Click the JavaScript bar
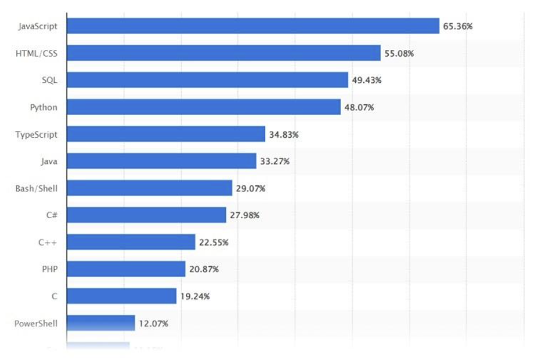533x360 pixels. tap(253, 26)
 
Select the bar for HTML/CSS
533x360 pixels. tap(224, 53)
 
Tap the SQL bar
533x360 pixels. tap(207, 80)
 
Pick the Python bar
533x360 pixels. tap(203, 107)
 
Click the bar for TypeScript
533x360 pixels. tap(166, 134)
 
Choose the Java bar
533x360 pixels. tap(161, 161)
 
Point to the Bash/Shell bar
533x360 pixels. tap(149, 188)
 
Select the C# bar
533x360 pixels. tap(146, 215)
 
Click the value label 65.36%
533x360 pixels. tap(458, 26)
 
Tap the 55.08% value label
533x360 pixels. tap(399, 54)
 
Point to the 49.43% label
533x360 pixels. tap(367, 80)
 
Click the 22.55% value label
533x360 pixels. tap(213, 243)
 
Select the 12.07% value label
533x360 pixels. tap(153, 324)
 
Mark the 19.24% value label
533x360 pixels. tap(194, 296)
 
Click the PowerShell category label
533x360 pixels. tap(36, 324)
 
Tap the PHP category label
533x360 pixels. tap(49, 269)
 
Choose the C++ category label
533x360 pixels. tap(48, 243)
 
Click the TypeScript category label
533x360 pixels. tap(36, 135)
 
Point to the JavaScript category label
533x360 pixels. tap(38, 26)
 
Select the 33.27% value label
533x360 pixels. tap(274, 162)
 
